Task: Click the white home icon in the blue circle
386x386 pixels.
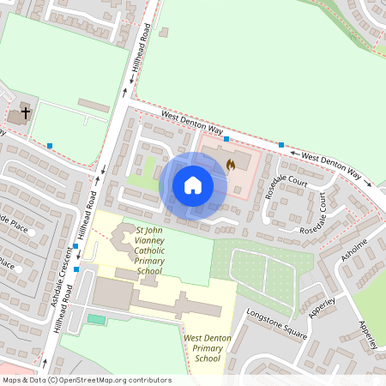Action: [x=193, y=184]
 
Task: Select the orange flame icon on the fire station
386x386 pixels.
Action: [x=230, y=164]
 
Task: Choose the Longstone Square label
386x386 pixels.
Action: [x=275, y=323]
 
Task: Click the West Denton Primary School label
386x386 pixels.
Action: [x=208, y=348]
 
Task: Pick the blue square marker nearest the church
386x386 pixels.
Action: [x=51, y=146]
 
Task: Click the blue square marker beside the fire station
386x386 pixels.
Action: [x=226, y=138]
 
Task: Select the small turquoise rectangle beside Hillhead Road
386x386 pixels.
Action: [x=97, y=319]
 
